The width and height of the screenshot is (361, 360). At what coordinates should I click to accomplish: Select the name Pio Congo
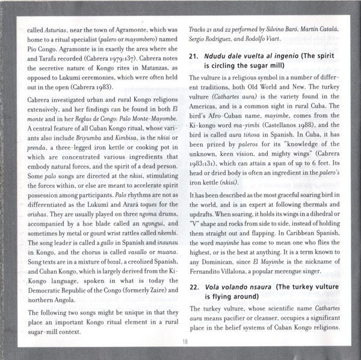38,51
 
